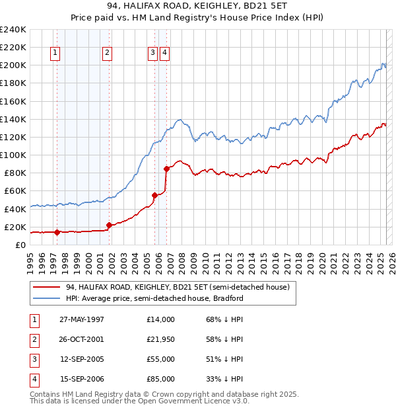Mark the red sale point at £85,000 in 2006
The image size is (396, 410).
[166, 169]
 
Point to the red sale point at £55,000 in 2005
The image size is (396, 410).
[154, 195]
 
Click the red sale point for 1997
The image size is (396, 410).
[57, 232]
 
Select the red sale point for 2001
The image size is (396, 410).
[109, 225]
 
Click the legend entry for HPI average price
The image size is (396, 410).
[154, 298]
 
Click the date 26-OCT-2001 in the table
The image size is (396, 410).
[82, 339]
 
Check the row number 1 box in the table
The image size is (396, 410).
[32, 319]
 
